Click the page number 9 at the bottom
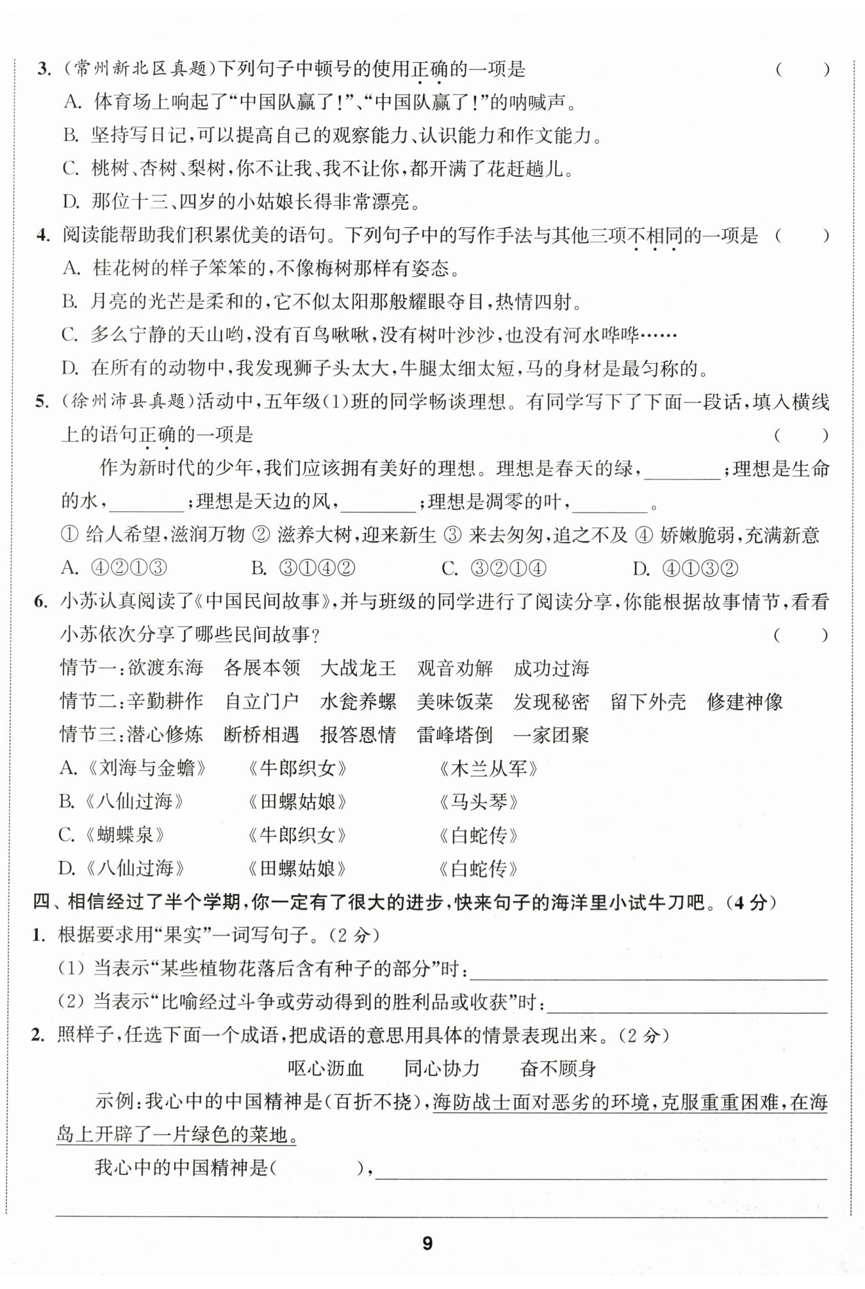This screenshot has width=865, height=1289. pos(428,1244)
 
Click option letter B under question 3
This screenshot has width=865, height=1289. pos(70,135)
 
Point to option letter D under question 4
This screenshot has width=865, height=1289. pos(70,368)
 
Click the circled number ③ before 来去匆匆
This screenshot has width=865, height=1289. pos(452,535)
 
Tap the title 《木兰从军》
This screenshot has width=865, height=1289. pos(488,768)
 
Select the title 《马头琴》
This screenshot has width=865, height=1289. pos(479,801)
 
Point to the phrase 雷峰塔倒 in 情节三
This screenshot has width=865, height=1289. pos(454,735)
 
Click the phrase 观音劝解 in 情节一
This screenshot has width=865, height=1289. pos(454,668)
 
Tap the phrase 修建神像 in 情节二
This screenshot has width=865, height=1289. pos(745,702)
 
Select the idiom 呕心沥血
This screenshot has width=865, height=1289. pos(325,1069)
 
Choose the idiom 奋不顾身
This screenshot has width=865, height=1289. pos(558,1069)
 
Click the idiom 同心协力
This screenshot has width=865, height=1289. pos(441,1069)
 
